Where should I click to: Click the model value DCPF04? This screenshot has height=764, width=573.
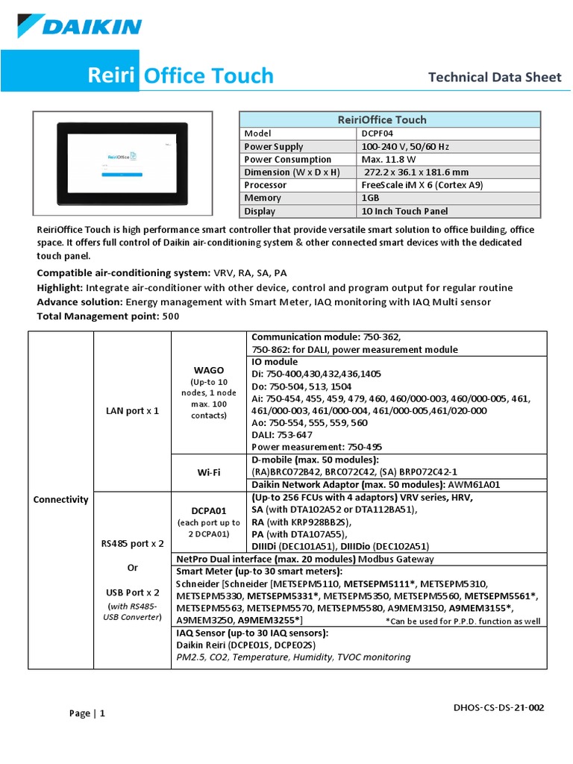378,134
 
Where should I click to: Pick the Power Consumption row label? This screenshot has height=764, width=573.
287,160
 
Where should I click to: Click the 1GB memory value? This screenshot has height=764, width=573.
371,198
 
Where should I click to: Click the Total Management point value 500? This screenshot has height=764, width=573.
170,316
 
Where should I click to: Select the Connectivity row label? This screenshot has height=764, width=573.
60,499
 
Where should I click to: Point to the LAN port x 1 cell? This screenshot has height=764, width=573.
132,411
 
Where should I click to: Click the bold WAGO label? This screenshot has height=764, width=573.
209,369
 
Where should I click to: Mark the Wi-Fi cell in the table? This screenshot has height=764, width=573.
209,472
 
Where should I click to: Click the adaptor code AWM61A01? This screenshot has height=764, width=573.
473,484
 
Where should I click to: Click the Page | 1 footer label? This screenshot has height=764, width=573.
87,713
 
